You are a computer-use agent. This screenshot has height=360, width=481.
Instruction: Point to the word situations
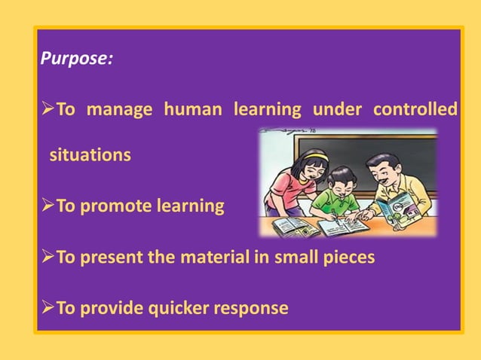90,156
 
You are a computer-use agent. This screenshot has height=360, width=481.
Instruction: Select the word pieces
346,257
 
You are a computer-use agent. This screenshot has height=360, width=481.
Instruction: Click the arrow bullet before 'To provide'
47,307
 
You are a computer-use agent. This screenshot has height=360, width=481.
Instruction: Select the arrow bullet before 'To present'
47,257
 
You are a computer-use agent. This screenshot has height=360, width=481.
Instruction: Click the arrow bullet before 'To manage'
47,110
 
